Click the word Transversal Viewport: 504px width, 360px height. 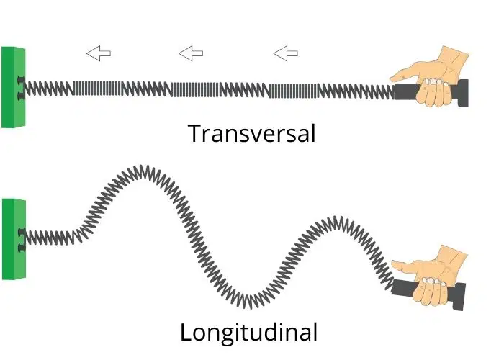tap(252, 133)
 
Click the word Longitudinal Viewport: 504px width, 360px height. tap(249, 333)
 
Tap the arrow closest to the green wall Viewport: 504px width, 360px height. tap(99, 53)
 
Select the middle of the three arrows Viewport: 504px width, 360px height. tap(191, 53)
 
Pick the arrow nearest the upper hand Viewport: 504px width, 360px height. tap(285, 53)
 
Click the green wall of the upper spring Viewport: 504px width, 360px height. tap(13, 87)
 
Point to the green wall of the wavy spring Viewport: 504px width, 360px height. tap(14, 239)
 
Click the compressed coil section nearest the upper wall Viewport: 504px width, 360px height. tap(97, 88)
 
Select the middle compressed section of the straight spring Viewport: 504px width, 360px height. tap(195, 89)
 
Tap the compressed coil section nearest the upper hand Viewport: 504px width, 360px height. tap(293, 91)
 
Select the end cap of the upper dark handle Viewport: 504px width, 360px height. tap(463, 93)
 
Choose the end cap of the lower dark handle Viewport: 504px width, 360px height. tap(459, 297)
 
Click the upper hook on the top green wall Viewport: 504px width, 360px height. tap(21, 79)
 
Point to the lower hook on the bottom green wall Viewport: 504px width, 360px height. tap(22, 248)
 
